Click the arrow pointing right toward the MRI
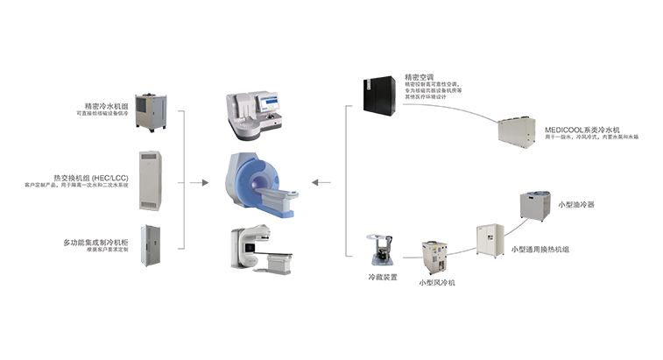(204, 183)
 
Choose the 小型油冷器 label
(575, 204)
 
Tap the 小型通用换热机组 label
(540, 249)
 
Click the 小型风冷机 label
(436, 282)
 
